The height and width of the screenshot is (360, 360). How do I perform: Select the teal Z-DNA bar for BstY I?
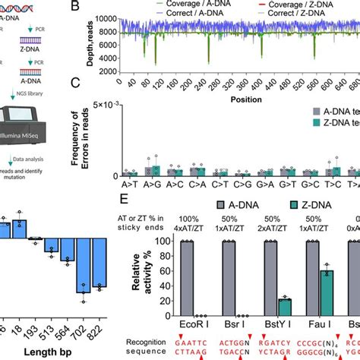(284, 306)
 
